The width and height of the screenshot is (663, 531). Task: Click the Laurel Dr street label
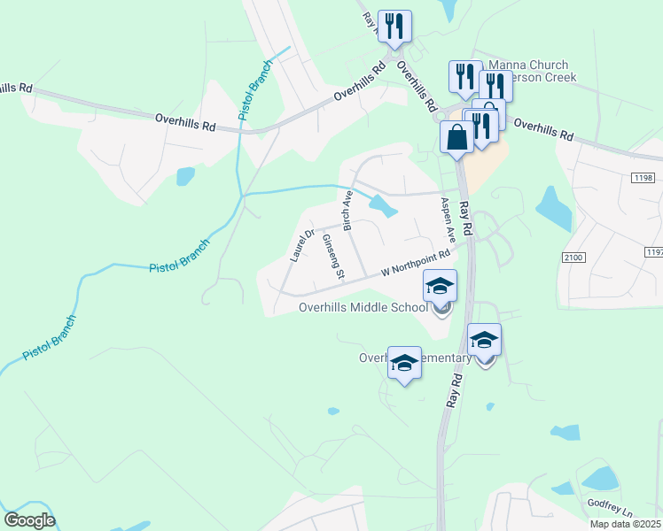(302, 246)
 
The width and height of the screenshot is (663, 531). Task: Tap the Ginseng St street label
(333, 257)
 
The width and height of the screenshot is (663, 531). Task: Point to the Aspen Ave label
(449, 221)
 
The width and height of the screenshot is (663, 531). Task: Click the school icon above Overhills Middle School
(441, 287)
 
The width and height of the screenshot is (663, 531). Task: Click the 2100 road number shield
(574, 257)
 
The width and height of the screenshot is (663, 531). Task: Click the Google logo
(29, 520)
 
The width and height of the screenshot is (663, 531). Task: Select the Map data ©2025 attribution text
(626, 524)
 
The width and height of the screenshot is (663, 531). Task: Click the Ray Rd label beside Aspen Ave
(468, 222)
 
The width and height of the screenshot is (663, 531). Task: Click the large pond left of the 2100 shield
(554, 209)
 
